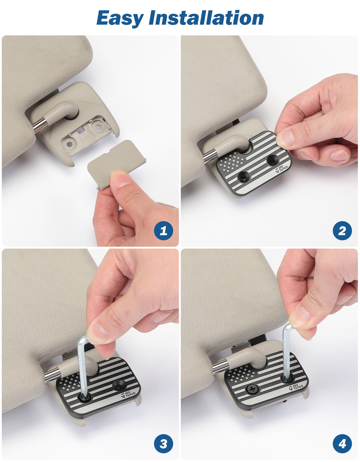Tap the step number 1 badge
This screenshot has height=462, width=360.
pyautogui.click(x=163, y=231)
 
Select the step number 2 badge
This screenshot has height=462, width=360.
pyautogui.click(x=342, y=231)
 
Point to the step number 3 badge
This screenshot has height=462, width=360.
pyautogui.click(x=163, y=443)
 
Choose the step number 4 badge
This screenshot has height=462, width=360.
pyautogui.click(x=342, y=443)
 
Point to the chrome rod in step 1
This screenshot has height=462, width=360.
pyautogui.click(x=39, y=125)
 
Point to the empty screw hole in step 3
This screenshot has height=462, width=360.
pyautogui.click(x=118, y=384)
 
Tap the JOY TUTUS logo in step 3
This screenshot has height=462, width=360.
pyautogui.click(x=128, y=394)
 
